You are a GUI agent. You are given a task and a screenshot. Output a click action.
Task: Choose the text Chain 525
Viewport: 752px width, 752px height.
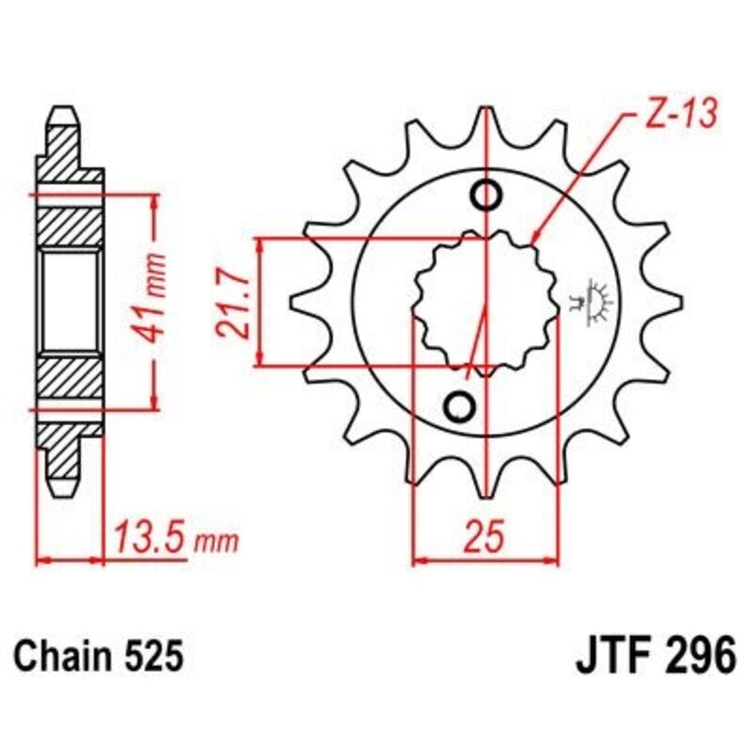click(98, 654)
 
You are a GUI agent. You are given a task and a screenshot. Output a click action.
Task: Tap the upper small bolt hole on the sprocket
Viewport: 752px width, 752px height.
click(488, 196)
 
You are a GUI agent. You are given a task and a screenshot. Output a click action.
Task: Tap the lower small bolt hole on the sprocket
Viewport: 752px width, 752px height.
click(461, 405)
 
